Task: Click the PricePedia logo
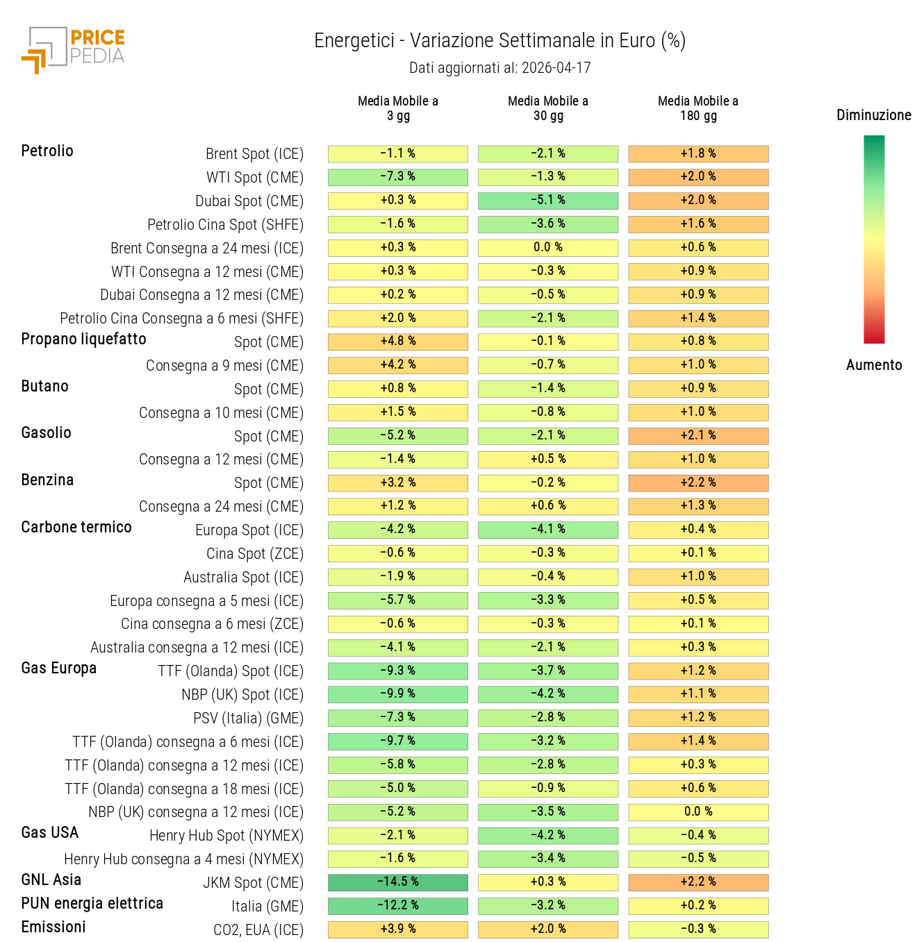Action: point(74,49)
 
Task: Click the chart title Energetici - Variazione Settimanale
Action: point(499,41)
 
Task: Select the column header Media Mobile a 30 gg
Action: point(548,108)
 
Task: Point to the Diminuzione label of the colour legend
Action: point(873,115)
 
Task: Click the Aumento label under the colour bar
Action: point(873,365)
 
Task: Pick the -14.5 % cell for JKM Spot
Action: point(398,882)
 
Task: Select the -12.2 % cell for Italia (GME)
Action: point(398,906)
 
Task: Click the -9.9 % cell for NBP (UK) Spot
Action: point(398,694)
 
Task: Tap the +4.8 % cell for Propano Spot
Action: point(398,342)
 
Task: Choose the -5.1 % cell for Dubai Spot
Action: point(548,201)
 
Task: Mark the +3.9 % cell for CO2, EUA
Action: point(398,930)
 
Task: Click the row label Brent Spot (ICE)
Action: point(254,154)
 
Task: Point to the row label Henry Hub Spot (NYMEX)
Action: point(226,836)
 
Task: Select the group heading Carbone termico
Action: point(76,528)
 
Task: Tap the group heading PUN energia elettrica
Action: point(92,904)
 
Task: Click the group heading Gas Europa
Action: point(59,668)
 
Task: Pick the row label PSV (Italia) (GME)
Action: point(248,718)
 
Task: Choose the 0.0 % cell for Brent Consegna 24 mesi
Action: point(548,248)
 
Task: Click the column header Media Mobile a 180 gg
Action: point(698,108)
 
